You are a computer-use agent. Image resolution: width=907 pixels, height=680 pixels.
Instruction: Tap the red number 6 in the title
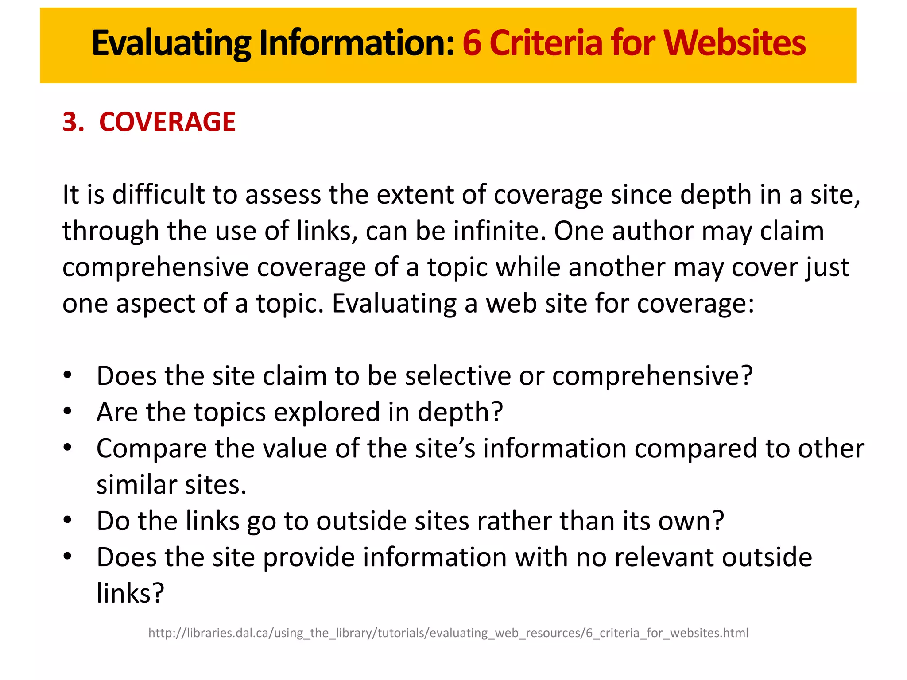click(x=472, y=43)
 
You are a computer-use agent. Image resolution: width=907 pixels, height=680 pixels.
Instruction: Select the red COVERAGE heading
click(x=167, y=122)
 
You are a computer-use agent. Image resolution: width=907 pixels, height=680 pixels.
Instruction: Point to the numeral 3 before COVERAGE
click(x=71, y=122)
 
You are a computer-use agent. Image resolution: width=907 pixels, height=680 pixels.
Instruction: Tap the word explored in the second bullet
click(x=327, y=412)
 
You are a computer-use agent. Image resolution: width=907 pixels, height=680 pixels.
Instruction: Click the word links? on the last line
click(x=130, y=593)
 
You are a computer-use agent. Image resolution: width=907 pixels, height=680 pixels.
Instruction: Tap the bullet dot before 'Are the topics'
click(x=67, y=412)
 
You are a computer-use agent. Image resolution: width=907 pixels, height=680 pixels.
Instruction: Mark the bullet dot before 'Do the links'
click(x=67, y=520)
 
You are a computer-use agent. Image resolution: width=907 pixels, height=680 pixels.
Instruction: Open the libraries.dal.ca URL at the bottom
click(x=448, y=633)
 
